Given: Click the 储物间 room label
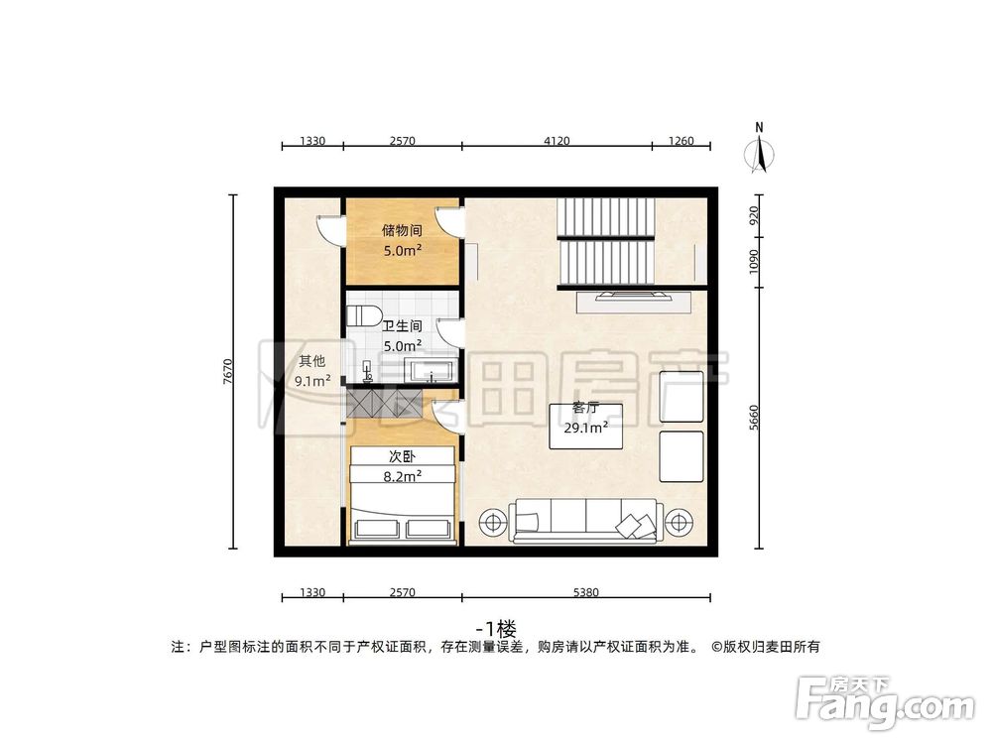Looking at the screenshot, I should (402, 230).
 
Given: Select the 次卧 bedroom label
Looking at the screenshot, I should (402, 457).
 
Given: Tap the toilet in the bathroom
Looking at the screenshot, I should (363, 316).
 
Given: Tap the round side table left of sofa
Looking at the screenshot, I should (490, 521).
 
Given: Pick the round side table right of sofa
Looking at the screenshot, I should (680, 521).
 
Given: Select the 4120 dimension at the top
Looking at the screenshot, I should (557, 141).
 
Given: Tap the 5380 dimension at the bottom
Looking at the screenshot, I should (585, 593).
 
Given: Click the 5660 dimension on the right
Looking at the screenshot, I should (755, 418).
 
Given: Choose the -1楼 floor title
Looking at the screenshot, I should (496, 628).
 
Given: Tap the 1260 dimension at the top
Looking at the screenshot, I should (682, 141).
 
